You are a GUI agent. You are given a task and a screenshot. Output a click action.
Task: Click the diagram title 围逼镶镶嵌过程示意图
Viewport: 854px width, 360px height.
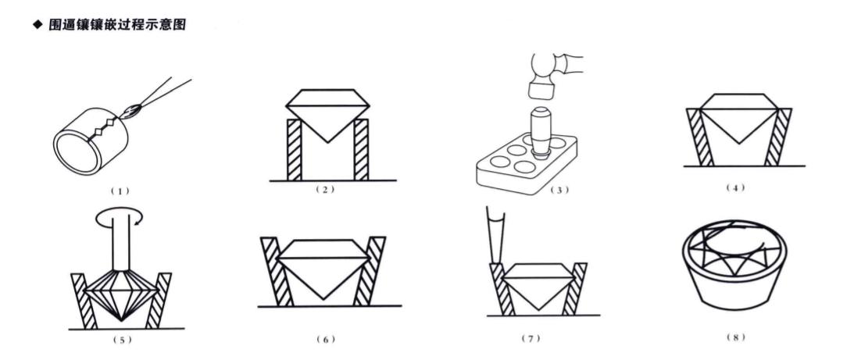[117, 25]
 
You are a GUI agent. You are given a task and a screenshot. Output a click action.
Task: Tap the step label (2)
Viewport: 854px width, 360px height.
[324, 190]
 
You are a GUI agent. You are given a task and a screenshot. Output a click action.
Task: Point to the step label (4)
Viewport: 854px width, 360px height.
[735, 188]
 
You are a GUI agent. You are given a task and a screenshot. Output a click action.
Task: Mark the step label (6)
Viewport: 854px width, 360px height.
[325, 339]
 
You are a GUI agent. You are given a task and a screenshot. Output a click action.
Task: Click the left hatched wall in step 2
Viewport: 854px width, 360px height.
[295, 150]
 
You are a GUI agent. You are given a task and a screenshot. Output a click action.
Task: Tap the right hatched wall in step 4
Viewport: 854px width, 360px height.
[777, 137]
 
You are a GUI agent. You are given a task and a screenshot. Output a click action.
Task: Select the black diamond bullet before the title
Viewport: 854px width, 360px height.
[38, 25]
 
